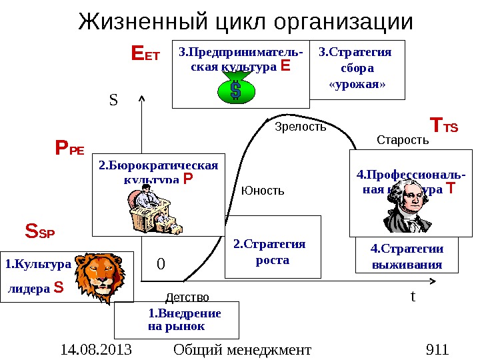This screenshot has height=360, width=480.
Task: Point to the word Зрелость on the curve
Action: [x=301, y=127]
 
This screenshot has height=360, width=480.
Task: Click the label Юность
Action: [x=263, y=191]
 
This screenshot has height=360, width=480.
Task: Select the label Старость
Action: [x=403, y=140]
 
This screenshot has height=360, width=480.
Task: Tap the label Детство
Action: [x=187, y=297]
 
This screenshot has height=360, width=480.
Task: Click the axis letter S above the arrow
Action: [x=113, y=101]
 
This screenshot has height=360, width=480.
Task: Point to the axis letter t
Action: [x=413, y=295]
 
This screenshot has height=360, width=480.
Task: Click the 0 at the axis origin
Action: [x=160, y=265]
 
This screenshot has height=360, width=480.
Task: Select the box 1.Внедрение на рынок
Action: [x=177, y=320]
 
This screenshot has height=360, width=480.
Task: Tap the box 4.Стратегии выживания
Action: [x=407, y=256]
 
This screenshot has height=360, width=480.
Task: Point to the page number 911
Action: [x=437, y=349]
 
